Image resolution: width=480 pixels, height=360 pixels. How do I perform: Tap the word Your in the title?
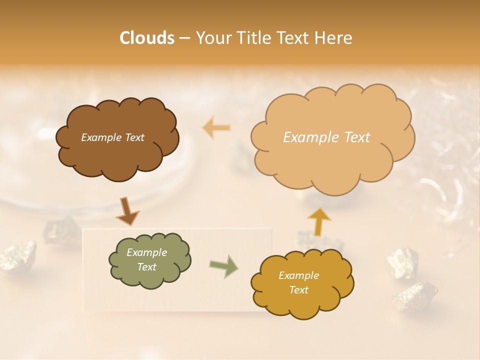point(214,38)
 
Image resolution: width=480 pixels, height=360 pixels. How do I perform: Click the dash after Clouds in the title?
point(184,38)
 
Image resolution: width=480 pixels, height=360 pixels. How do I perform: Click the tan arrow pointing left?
point(216,127)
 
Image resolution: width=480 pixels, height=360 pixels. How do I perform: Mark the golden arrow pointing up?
point(319,221)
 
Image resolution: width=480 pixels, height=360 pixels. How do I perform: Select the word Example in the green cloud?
point(146,252)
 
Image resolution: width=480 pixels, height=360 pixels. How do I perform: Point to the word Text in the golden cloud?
point(298,290)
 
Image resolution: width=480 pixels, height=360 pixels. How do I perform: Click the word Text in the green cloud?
point(146,267)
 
